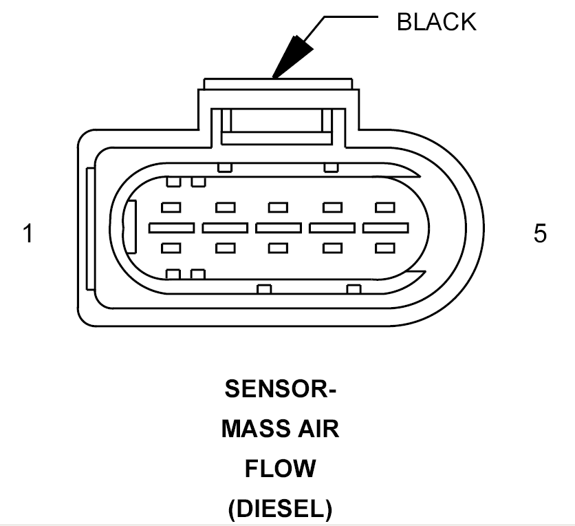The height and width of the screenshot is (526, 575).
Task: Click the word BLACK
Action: pos(436,21)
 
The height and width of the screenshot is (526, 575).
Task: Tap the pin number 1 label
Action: pos(28,233)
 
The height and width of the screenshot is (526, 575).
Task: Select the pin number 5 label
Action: pos(540,233)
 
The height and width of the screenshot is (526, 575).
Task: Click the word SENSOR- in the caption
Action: pos(280,389)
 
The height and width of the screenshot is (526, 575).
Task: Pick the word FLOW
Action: pos(280,469)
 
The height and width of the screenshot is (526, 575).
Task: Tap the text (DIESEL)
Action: pos(280,509)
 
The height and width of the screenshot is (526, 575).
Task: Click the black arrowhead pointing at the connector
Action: pos(292,57)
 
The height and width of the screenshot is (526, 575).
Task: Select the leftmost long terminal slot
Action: pos(172,228)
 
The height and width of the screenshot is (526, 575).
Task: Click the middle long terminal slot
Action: pos(279,228)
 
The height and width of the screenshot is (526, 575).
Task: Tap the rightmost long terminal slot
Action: pos(385,228)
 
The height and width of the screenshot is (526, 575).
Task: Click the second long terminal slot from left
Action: pos(225,228)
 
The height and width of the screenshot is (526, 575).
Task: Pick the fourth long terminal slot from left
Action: pos(332,228)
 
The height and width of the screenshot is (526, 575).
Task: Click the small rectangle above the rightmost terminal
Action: pos(385,207)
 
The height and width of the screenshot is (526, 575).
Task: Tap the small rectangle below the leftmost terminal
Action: pos(171,248)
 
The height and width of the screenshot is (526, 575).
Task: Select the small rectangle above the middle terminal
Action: pos(278,207)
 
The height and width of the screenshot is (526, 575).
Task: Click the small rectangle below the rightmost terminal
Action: pos(385,248)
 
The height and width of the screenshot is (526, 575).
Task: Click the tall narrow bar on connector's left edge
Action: pos(90,229)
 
